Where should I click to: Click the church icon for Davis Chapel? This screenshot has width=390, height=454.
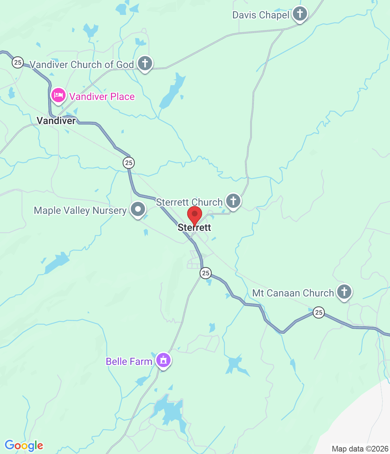300,14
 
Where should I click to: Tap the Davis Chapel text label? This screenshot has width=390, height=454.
261,15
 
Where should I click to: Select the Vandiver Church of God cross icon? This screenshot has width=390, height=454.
145,63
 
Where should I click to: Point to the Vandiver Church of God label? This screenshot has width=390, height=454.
82,65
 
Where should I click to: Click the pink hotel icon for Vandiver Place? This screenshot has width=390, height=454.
58,95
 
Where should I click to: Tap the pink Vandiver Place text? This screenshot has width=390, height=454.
102,96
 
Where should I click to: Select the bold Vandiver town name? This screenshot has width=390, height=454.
56,121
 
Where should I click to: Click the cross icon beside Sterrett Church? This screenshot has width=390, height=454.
233,201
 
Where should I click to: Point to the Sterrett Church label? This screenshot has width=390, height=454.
189,202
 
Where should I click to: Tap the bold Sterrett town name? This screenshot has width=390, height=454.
194,227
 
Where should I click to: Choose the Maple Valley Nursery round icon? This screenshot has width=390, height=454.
138,209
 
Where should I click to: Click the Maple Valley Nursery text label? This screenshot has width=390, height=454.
80,210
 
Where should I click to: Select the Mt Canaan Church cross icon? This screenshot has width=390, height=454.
344,292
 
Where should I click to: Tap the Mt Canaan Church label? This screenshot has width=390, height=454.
293,293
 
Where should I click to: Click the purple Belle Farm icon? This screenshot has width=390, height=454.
163,360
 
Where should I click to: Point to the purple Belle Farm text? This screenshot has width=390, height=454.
129,361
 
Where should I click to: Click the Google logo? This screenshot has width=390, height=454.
24,445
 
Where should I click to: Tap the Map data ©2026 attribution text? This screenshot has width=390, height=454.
360,449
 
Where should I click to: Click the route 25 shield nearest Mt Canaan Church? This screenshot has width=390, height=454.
319,312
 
